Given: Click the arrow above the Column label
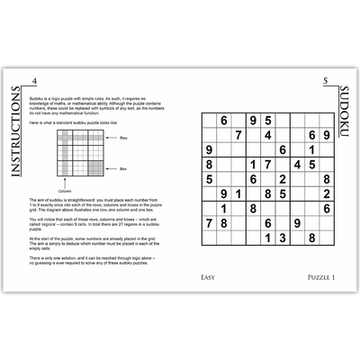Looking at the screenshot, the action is [66, 184].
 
